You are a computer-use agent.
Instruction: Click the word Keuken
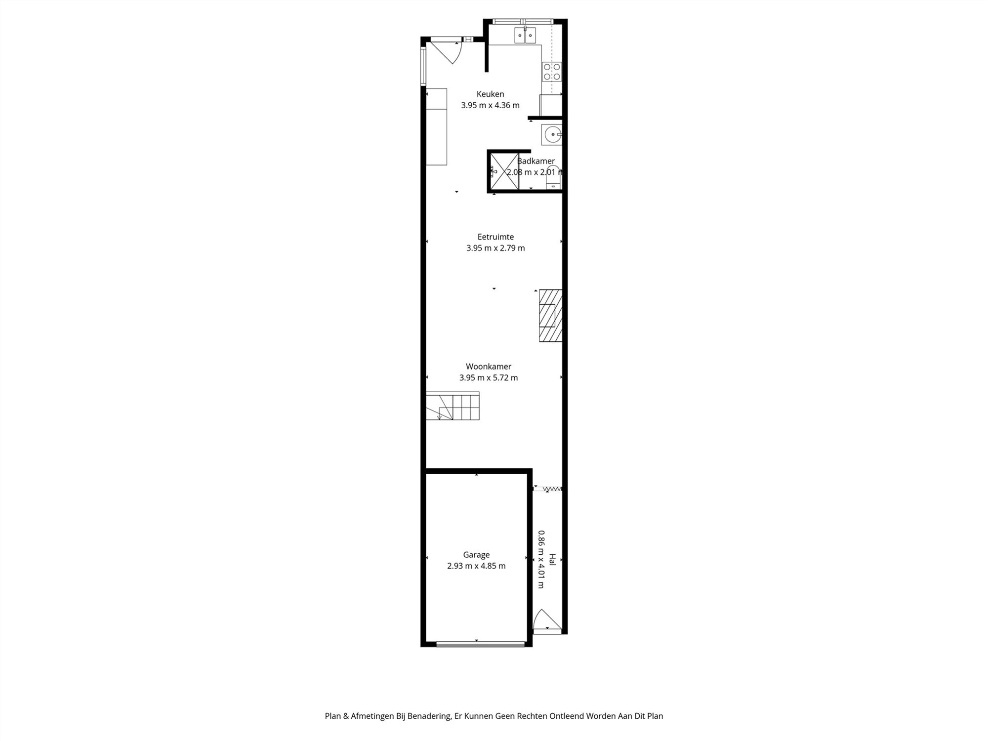tap(490, 94)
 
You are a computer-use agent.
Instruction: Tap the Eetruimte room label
tap(495, 237)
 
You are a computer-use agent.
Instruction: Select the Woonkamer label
tap(488, 367)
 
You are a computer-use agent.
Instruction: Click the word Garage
tap(476, 555)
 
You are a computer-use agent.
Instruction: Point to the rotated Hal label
tap(552, 559)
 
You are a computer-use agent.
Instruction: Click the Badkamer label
tap(536, 161)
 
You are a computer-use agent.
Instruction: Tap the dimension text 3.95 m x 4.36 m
tap(490, 105)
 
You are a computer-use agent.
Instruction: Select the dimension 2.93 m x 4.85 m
tap(476, 566)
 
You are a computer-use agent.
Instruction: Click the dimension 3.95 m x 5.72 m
tap(488, 378)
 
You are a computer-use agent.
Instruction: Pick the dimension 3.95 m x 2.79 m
tap(495, 248)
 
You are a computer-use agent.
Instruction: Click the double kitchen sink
tap(525, 36)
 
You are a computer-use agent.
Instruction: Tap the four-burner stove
tap(552, 72)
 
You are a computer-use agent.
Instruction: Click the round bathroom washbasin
tap(552, 134)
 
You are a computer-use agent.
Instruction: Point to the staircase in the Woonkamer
tap(453, 406)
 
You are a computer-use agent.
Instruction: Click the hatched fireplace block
tap(550, 315)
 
